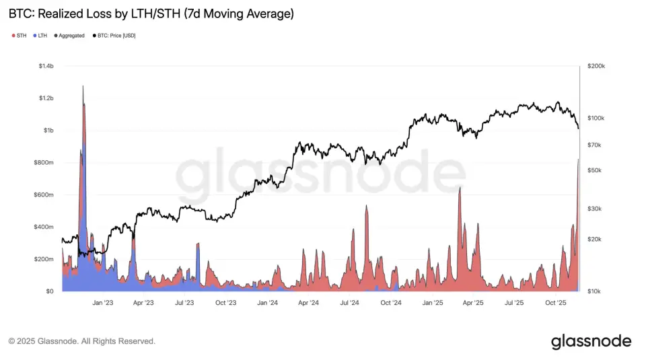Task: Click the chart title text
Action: pyautogui.click(x=151, y=13)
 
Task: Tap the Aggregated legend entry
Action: pyautogui.click(x=69, y=36)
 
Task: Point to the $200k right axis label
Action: pyautogui.click(x=596, y=67)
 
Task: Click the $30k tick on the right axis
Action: pyautogui.click(x=595, y=209)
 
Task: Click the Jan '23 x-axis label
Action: pyautogui.click(x=102, y=303)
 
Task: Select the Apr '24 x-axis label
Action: pyautogui.click(x=308, y=303)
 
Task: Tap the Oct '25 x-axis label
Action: pyautogui.click(x=556, y=303)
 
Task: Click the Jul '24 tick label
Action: pyautogui.click(x=350, y=303)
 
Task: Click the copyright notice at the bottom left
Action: pyautogui.click(x=82, y=342)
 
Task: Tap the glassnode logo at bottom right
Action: pyautogui.click(x=591, y=341)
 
